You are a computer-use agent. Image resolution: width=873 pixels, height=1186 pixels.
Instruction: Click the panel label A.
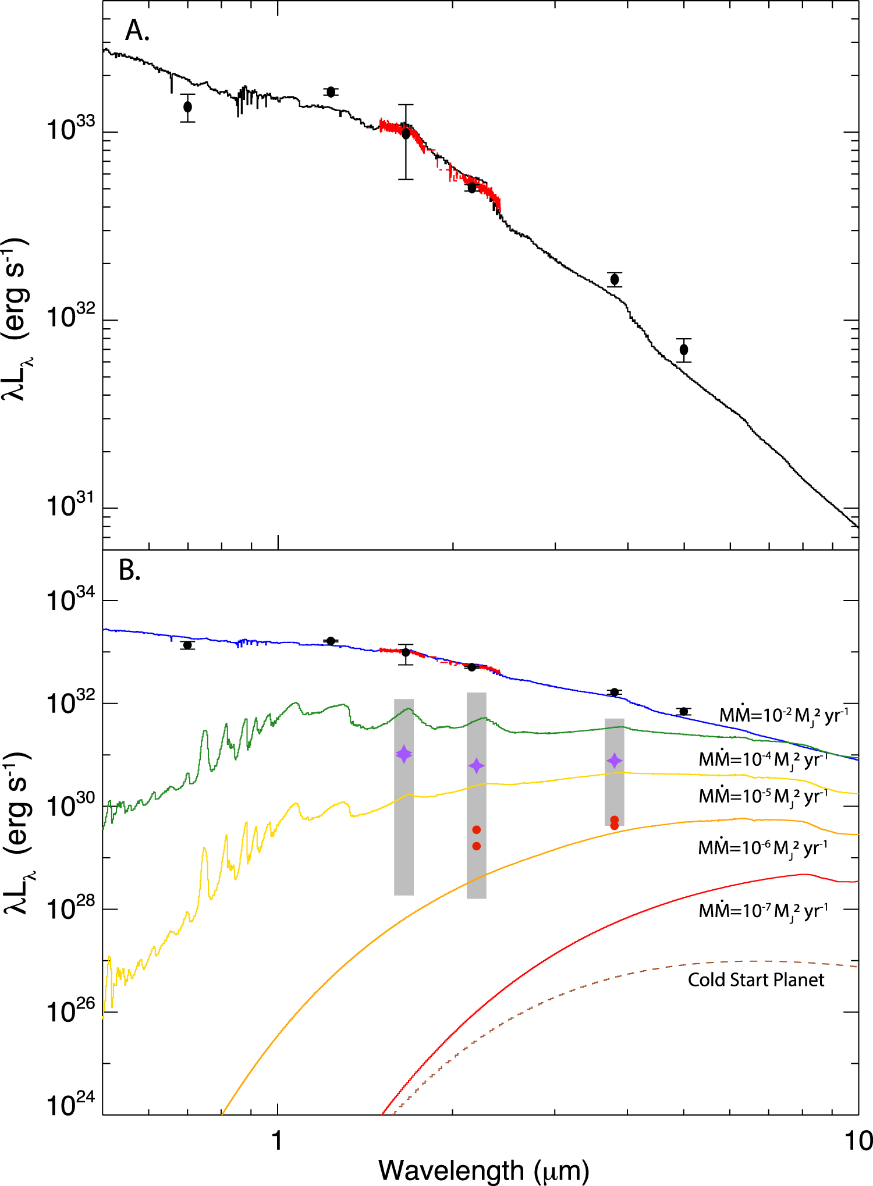137,31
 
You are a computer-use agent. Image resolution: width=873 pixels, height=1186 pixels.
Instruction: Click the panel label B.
129,571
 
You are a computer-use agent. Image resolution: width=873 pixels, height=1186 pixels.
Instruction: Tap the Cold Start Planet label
755,979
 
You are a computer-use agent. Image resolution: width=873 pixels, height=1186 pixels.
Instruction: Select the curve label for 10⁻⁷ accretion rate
763,910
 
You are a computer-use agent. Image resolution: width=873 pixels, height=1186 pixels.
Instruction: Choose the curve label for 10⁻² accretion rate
783,715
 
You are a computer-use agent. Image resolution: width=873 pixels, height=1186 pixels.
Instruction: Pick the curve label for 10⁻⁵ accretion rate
763,796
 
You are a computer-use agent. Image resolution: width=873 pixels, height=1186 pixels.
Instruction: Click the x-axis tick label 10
858,1141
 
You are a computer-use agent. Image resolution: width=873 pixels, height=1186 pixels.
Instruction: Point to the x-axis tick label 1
277,1141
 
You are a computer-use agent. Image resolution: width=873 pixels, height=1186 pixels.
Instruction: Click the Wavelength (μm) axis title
483,1170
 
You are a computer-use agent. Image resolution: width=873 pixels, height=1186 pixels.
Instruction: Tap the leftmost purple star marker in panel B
404,754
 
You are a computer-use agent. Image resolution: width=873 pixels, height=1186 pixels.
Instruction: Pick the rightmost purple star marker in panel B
614,761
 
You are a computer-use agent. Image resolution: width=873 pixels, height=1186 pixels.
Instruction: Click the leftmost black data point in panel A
187,107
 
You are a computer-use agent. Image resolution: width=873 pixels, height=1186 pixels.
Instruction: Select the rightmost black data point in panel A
684,350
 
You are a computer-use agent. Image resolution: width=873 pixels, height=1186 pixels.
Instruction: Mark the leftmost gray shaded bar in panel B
404,797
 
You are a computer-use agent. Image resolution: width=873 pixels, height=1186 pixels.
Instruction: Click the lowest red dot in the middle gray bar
477,846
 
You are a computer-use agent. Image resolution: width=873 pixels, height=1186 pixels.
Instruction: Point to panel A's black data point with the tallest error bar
406,134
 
